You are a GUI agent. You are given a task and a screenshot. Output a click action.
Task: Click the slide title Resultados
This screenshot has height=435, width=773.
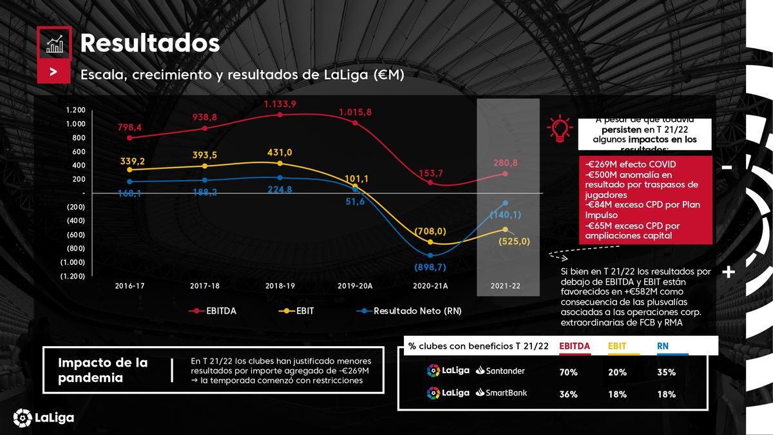(149, 43)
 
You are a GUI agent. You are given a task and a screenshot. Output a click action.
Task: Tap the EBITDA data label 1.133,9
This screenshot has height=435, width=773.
(280, 104)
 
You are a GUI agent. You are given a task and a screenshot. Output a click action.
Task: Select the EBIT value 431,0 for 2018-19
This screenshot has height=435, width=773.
(280, 152)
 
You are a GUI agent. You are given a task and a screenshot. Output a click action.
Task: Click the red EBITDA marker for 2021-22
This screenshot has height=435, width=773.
(505, 174)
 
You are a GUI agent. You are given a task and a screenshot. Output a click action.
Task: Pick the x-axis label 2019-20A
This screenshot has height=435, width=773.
(355, 285)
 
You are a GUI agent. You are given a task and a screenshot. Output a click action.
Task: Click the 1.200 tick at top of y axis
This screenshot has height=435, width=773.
(75, 110)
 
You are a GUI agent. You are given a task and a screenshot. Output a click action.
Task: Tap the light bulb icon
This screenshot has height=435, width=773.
(559, 129)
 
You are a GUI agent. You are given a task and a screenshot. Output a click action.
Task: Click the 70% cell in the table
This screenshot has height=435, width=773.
(568, 372)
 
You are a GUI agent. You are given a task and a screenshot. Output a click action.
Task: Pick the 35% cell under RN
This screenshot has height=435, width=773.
(666, 372)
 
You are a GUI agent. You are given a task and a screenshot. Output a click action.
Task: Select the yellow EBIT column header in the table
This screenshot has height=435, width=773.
(617, 346)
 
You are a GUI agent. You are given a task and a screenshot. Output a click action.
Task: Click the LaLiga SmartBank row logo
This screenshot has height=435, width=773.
(477, 392)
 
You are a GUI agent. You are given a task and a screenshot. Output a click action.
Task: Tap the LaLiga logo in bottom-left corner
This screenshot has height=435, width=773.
(43, 418)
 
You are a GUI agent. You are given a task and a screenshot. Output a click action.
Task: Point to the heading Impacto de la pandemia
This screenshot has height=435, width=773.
(103, 370)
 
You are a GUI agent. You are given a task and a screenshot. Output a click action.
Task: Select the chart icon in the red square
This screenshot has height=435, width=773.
(54, 43)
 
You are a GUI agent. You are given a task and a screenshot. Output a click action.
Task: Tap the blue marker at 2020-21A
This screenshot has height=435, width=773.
(430, 256)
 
